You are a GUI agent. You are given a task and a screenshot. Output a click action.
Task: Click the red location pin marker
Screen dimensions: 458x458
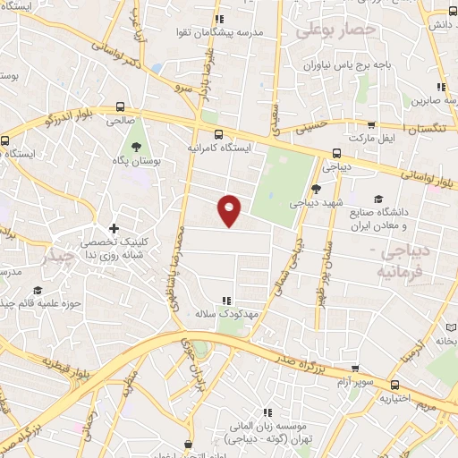[x=230, y=210]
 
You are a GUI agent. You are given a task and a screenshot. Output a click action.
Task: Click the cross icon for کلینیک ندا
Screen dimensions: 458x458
[x=114, y=230]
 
